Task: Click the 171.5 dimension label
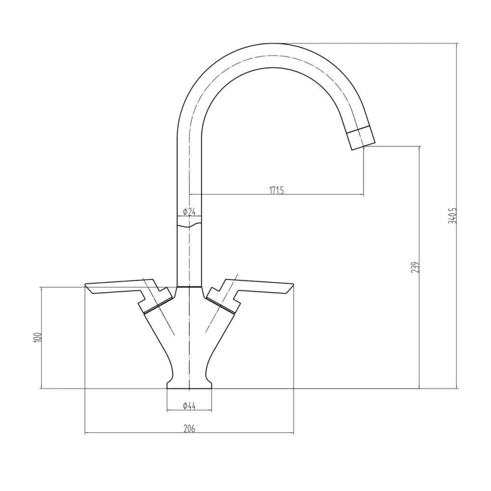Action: coord(276,190)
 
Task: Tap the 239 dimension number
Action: coord(415,267)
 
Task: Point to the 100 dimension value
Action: coord(37,338)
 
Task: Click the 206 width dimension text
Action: coord(189,428)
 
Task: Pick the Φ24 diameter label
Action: coord(189,212)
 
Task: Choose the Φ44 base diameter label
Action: coord(189,406)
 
